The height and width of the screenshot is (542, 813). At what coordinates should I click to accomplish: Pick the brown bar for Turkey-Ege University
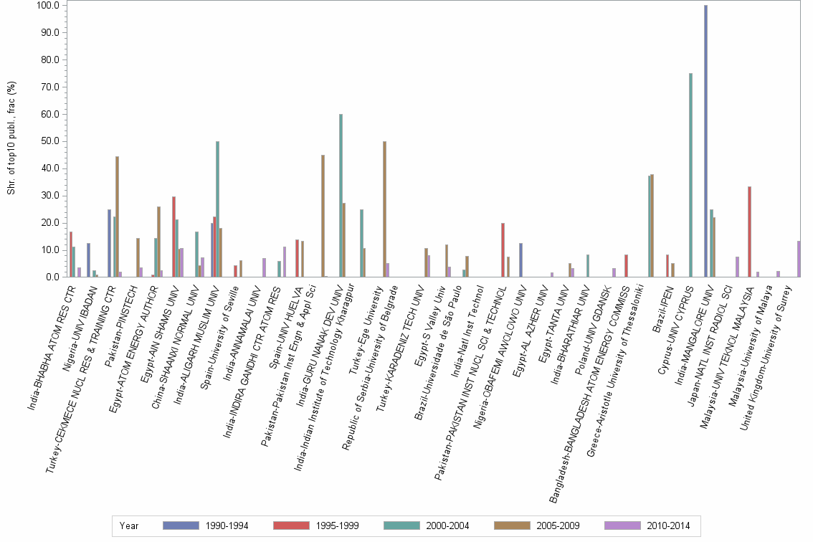(385, 209)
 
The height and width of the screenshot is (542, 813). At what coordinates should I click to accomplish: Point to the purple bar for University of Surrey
(799, 259)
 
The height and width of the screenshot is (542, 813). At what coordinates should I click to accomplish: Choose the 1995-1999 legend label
(337, 526)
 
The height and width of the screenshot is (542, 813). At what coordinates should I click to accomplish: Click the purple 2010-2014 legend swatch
(624, 526)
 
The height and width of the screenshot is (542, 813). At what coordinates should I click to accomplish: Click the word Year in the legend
(130, 526)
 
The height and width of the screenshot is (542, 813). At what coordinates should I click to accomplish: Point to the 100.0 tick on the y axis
(47, 6)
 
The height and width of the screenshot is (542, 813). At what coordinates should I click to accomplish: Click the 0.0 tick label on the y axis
(52, 277)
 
